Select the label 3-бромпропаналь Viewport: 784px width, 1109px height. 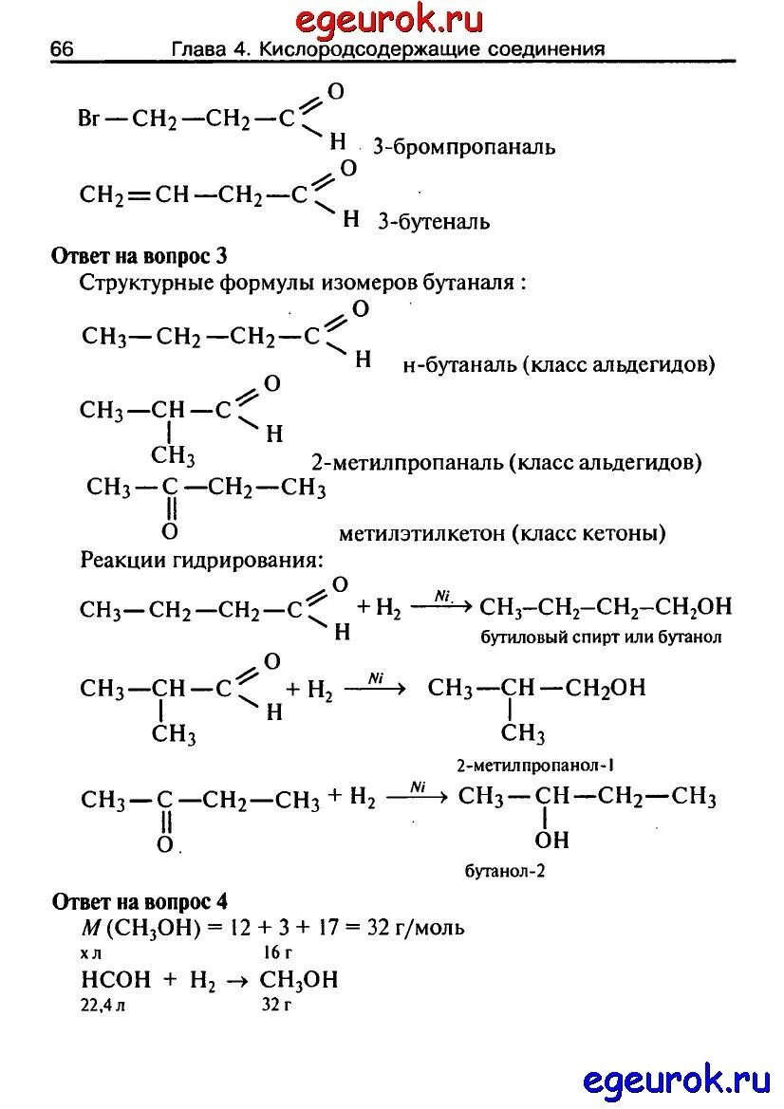(x=463, y=148)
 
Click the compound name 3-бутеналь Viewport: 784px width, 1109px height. (x=434, y=223)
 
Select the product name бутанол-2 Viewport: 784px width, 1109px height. (x=504, y=869)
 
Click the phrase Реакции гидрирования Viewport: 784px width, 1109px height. (x=201, y=560)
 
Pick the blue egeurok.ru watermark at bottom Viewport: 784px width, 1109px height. (x=674, y=1079)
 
